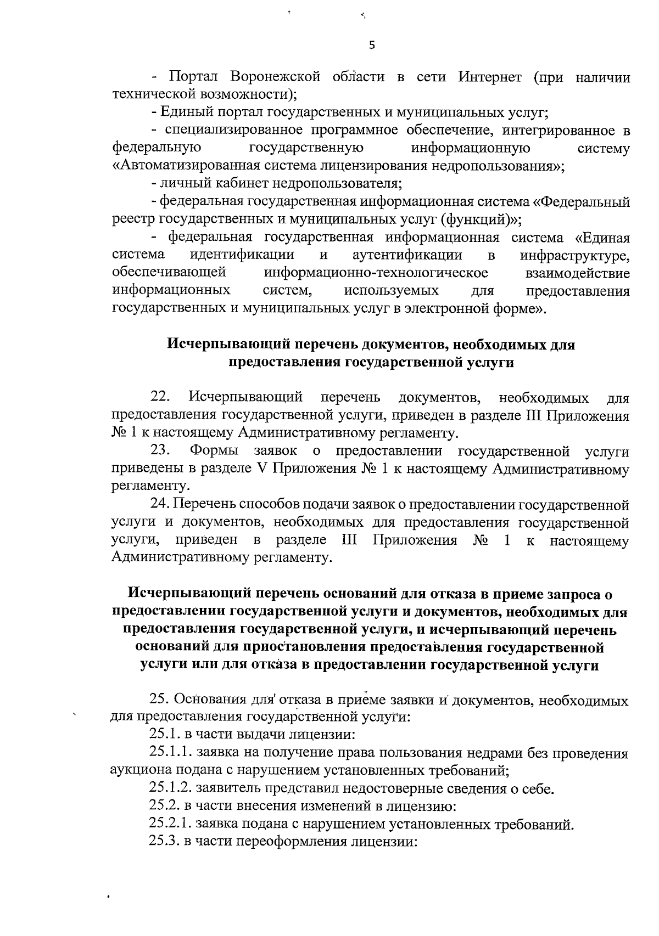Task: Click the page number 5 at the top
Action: pyautogui.click(x=372, y=46)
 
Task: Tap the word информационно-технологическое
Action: pyautogui.click(x=376, y=273)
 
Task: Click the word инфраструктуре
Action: pyautogui.click(x=574, y=256)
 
